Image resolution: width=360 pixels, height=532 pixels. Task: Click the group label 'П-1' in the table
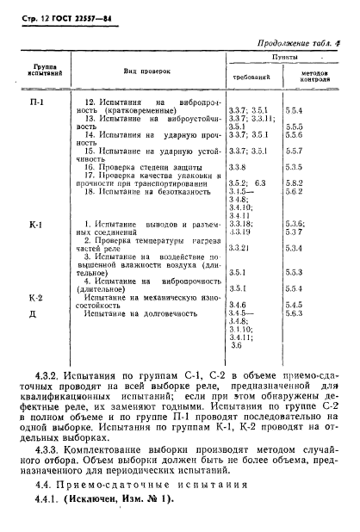point(38,103)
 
